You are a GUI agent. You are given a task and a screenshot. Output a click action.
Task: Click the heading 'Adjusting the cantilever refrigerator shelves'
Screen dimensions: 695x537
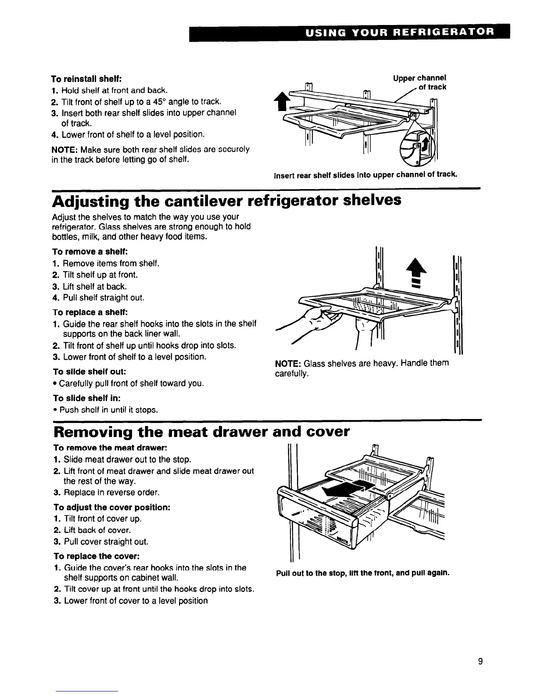pyautogui.click(x=226, y=201)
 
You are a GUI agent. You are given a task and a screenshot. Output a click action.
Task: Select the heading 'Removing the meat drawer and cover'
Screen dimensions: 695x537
pyautogui.click(x=201, y=432)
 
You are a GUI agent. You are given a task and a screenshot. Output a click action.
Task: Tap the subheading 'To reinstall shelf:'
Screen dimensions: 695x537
pyautogui.click(x=86, y=79)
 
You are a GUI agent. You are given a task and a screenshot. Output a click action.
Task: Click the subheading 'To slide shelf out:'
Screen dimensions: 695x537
pyautogui.click(x=86, y=372)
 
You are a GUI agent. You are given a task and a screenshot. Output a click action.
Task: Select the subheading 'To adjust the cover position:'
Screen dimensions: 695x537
pyautogui.click(x=111, y=507)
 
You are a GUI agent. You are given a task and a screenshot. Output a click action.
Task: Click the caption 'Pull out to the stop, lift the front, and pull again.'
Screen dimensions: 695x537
pyautogui.click(x=362, y=573)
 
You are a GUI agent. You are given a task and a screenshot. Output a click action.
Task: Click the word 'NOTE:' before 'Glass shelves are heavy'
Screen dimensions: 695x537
pyautogui.click(x=287, y=364)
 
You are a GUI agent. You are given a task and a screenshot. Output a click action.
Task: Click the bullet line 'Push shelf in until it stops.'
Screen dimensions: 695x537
pyautogui.click(x=108, y=410)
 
